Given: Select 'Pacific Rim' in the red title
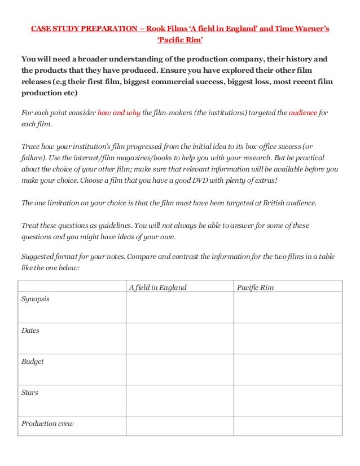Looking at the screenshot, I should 179,41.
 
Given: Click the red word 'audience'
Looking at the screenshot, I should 303,113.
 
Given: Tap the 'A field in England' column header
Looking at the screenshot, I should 157,287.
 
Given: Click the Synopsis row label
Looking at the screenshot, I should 35,299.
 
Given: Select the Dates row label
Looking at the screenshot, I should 30,331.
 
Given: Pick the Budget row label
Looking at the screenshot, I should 32,362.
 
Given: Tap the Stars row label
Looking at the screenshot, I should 30,392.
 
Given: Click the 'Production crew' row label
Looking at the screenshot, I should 47,423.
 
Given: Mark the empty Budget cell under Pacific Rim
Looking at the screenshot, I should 288,369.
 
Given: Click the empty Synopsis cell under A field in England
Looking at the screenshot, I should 179,307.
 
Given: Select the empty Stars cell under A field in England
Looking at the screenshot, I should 179,400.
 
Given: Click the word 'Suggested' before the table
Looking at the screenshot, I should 39,257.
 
